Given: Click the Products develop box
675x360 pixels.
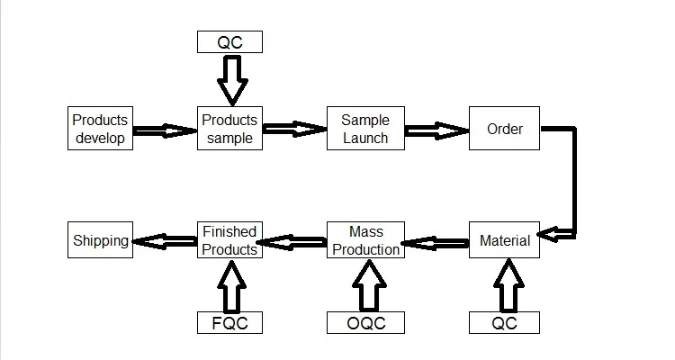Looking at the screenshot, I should point(101,129).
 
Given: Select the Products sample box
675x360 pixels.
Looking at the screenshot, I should point(229,129).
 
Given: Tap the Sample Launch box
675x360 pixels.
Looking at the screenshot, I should point(365,129).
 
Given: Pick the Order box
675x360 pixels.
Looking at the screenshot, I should point(504,129).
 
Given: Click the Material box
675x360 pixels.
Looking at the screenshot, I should point(504,241).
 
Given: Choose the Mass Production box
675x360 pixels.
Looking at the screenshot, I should point(365,240).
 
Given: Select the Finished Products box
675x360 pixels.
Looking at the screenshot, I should point(229,240).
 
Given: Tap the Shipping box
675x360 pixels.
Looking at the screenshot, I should point(101,240).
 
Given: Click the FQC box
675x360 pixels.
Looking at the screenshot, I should point(229,323).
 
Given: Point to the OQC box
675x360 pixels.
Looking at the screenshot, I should point(365,323).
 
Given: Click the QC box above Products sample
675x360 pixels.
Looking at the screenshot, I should point(229,41).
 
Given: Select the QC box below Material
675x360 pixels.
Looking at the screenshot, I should point(504,323).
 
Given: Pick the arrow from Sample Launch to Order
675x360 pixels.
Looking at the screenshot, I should point(436,130).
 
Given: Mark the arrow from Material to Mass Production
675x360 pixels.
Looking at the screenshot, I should point(436,241).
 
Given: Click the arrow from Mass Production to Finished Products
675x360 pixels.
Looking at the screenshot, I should point(292,241).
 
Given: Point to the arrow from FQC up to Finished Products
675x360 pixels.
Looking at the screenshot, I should point(229,284).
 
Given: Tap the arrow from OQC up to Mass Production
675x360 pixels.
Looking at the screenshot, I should point(365,284).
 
